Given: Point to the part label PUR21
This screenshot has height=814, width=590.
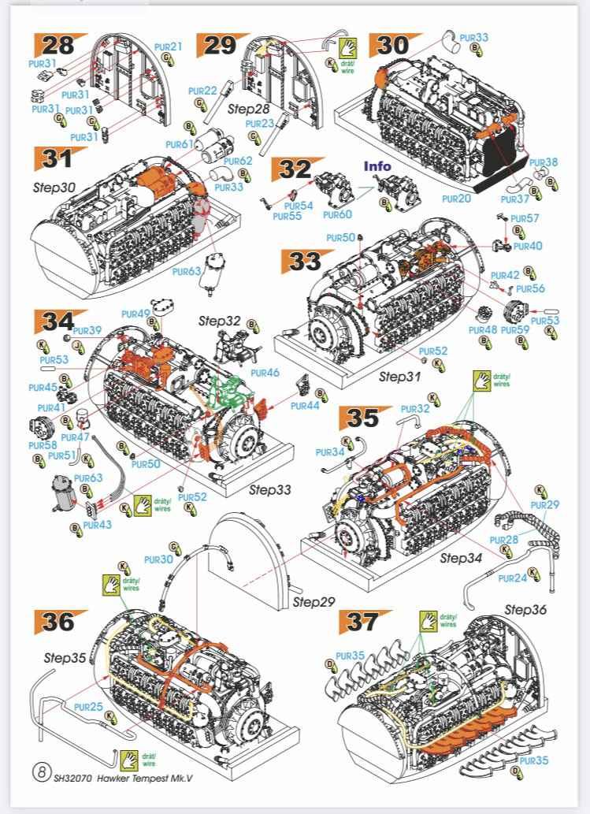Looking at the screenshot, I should (x=168, y=46).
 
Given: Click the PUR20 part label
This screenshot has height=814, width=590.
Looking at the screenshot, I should (x=457, y=199).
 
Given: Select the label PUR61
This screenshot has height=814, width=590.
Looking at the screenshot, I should (x=180, y=144).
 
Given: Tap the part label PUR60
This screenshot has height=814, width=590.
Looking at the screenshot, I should (x=337, y=214).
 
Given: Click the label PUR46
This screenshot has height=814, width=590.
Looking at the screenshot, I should (x=267, y=372).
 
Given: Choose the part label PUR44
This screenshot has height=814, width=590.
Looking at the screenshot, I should (x=304, y=406).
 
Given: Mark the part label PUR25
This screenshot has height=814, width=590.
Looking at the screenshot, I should (x=89, y=708).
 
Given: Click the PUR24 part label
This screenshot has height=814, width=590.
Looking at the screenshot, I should (x=513, y=578).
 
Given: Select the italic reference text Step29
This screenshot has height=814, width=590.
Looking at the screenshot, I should (x=314, y=603).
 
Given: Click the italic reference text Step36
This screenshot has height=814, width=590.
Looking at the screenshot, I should (x=525, y=609).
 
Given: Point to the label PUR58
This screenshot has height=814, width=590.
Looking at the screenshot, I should (x=43, y=445).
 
